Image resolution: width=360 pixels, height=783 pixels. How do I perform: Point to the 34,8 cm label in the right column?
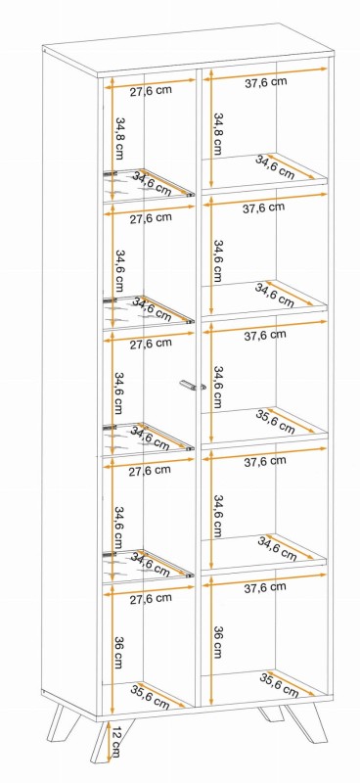pyautogui.click(x=219, y=134)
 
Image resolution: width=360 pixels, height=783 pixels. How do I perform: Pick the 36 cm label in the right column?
pyautogui.click(x=218, y=642)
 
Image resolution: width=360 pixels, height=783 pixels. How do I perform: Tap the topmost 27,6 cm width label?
pyautogui.click(x=151, y=91)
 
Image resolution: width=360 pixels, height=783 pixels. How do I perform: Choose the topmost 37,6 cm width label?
pyautogui.click(x=266, y=82)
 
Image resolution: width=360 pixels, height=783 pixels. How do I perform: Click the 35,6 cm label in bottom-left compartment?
pyautogui.click(x=150, y=696)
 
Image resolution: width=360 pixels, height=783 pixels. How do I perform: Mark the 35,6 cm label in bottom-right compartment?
pyautogui.click(x=279, y=685)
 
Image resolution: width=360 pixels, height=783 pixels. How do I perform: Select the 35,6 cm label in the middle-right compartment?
pyautogui.click(x=275, y=421)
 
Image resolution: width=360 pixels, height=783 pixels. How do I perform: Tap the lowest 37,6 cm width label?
pyautogui.click(x=265, y=588)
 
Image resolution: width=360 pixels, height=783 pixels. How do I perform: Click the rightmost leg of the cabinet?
pyautogui.click(x=305, y=722)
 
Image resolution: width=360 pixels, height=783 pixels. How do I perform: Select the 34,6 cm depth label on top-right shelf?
pyautogui.click(x=275, y=166)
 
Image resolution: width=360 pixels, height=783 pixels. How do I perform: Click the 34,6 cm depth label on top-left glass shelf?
pyautogui.click(x=152, y=183)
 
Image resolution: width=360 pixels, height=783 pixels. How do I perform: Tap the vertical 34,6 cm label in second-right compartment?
pyautogui.click(x=218, y=261)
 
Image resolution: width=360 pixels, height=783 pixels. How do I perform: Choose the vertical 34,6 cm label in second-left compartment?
pyautogui.click(x=119, y=270)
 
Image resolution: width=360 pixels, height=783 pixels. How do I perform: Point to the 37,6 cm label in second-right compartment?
pyautogui.click(x=264, y=207)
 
